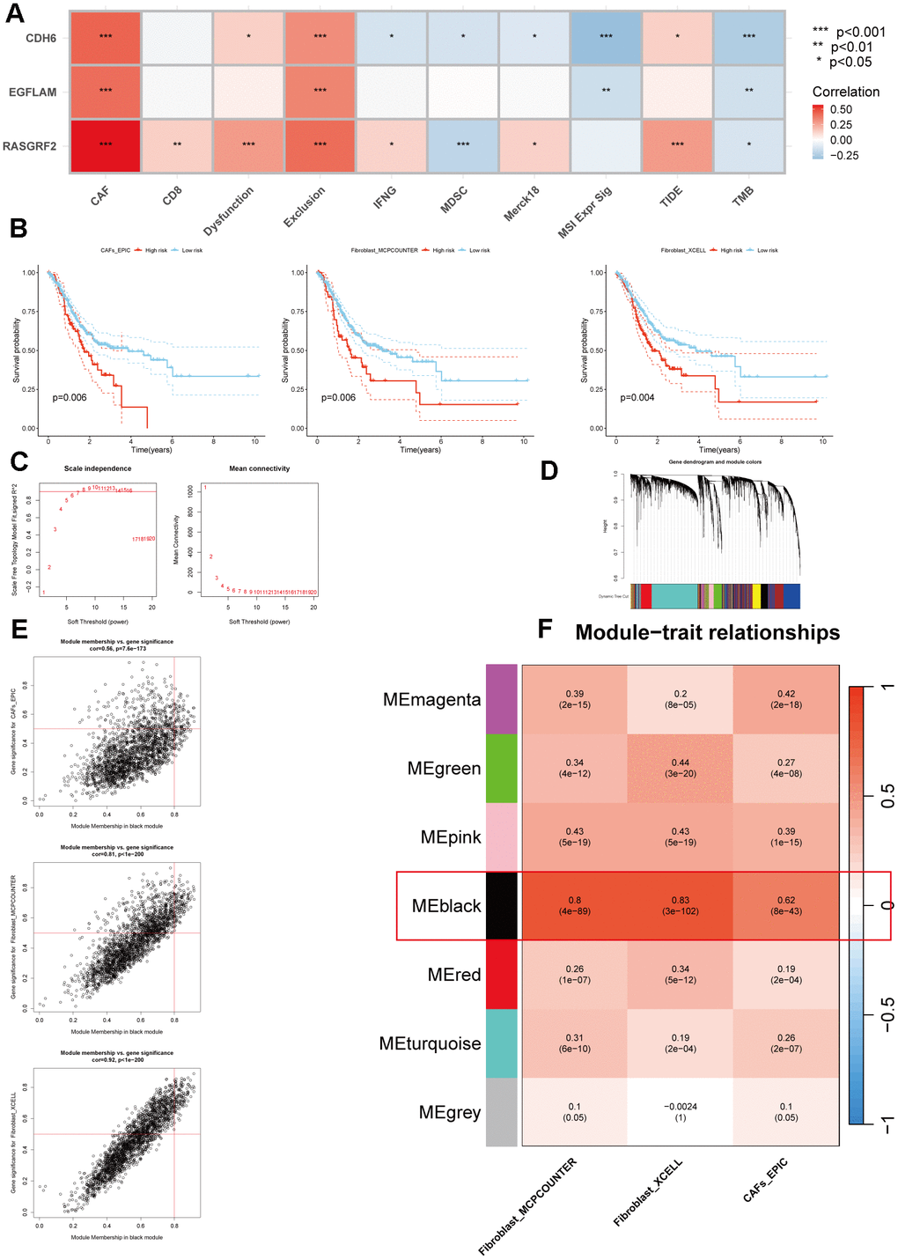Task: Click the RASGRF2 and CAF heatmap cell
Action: pos(106,145)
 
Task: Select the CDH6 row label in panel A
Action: pos(40,38)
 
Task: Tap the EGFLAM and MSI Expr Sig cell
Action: pos(606,92)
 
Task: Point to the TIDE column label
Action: pos(671,197)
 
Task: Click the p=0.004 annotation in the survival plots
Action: pos(637,398)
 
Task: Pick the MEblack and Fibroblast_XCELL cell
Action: pos(681,905)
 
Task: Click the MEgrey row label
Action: pos(450,1113)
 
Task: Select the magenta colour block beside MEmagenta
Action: pos(502,699)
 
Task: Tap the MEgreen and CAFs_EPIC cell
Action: pos(786,768)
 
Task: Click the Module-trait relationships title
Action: pos(707,633)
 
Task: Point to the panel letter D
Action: pos(548,471)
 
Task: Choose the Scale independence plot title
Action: pos(98,468)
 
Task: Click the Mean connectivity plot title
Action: pos(259,468)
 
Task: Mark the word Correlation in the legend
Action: pos(845,92)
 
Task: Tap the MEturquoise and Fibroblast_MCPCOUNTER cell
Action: pos(575,1043)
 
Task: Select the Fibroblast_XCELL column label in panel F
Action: pos(648,1193)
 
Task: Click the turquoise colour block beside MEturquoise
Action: pos(502,1043)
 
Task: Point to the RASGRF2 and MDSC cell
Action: pos(463,145)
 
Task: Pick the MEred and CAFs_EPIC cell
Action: pos(786,975)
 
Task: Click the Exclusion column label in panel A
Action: pos(305,207)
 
